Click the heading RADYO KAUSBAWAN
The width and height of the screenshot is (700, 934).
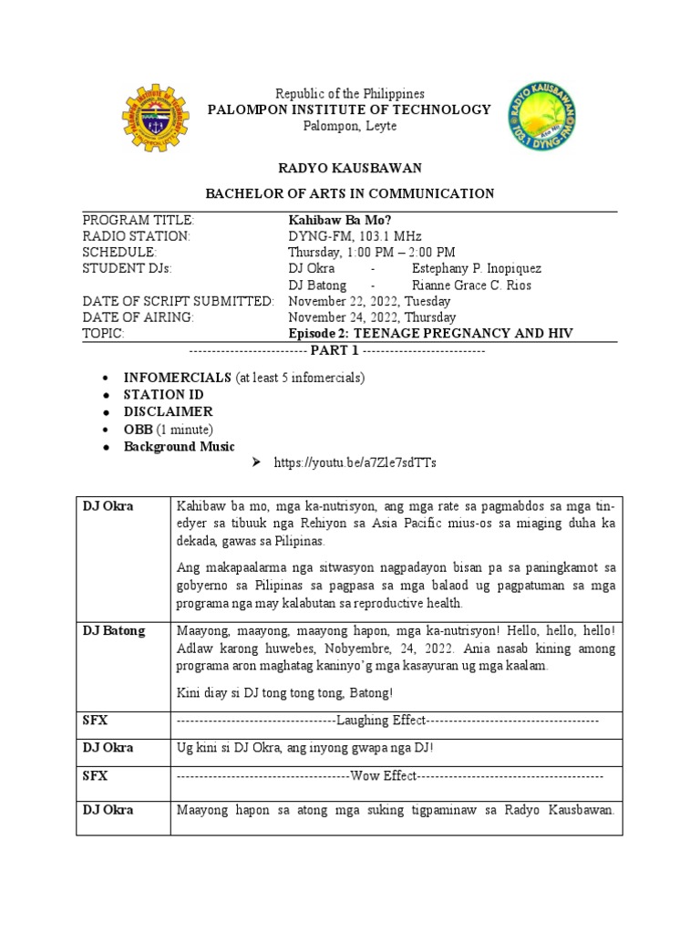tap(349, 169)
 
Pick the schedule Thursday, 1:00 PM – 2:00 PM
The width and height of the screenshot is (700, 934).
tap(372, 253)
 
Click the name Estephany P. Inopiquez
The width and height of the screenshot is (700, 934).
tap(476, 269)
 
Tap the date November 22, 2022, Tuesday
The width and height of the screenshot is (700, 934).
tap(370, 301)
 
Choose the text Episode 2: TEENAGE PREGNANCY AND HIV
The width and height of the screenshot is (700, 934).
tap(430, 334)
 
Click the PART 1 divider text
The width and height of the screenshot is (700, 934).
tap(336, 351)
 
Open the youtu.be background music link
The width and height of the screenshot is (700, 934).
tap(355, 463)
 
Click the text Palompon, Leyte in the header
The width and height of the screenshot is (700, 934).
tap(337, 126)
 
